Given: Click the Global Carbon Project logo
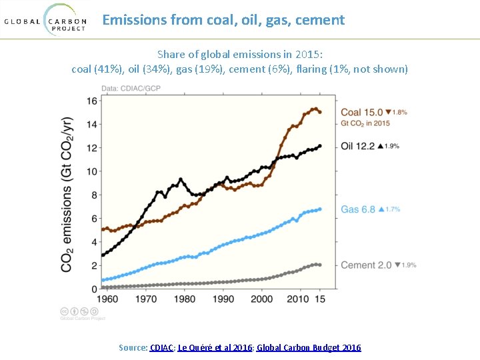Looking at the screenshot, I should click(45, 20).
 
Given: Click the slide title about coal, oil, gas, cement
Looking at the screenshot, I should click(223, 20).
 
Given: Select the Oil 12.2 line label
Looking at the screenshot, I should click(357, 145).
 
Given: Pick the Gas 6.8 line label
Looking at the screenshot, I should click(358, 209).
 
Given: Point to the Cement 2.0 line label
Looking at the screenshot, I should click(366, 265).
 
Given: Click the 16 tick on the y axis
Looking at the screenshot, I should click(91, 101).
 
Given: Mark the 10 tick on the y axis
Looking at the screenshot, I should click(91, 171).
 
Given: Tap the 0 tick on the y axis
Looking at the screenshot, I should click(94, 289).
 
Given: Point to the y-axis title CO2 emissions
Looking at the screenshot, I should click(67, 195).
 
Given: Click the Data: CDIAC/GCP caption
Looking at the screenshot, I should click(131, 89).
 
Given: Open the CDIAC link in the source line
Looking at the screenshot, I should click(162, 347).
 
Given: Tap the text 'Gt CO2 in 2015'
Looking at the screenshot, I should click(365, 123).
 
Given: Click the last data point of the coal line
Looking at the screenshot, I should click(320, 112).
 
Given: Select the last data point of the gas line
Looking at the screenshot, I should click(320, 209).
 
